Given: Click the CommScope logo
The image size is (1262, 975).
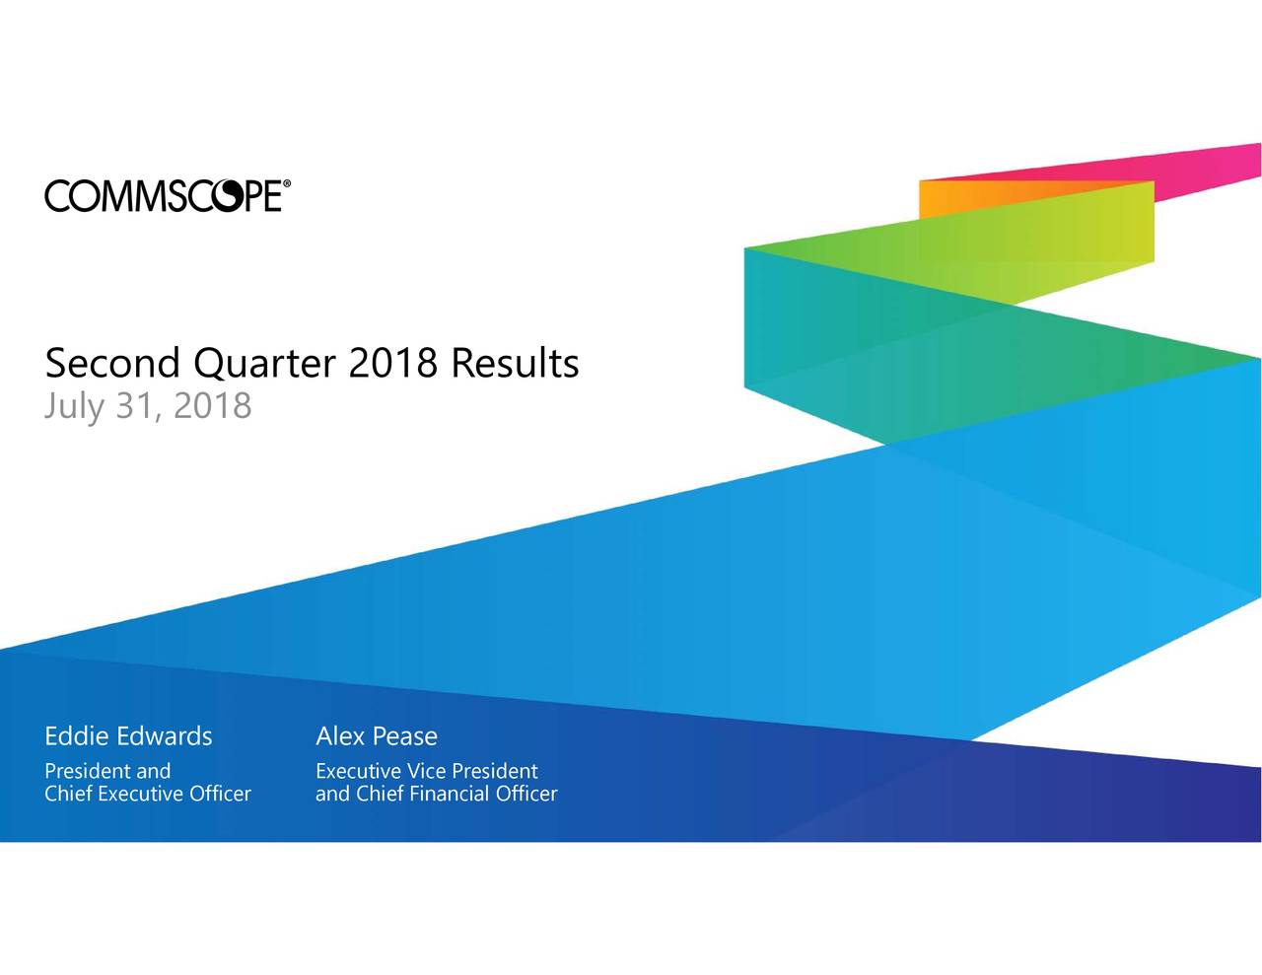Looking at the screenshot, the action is coord(168,196).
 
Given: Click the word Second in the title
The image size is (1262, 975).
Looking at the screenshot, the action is coord(112,364).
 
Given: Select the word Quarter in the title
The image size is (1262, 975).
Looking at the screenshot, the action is coord(265,365).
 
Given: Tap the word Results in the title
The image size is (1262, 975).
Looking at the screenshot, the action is coord(515,364).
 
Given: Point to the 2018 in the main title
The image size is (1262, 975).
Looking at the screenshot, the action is coord(393,364).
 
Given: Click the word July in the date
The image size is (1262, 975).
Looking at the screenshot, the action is coord(75,406).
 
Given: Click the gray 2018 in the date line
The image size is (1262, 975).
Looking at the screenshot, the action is coord(212,405).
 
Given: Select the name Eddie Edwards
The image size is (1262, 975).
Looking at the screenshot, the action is coord(128,736).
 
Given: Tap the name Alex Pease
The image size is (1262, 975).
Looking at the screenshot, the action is coord(377,736).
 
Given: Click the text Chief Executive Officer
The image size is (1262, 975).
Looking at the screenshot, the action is coord(148,794).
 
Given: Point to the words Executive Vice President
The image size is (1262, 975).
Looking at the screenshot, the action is coord(427,771).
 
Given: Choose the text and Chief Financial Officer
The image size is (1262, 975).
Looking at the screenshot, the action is coord(436,794).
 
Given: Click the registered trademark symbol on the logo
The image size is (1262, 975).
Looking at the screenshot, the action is coord(286,183).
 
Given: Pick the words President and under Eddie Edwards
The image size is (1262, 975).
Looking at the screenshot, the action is coord(107,771).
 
